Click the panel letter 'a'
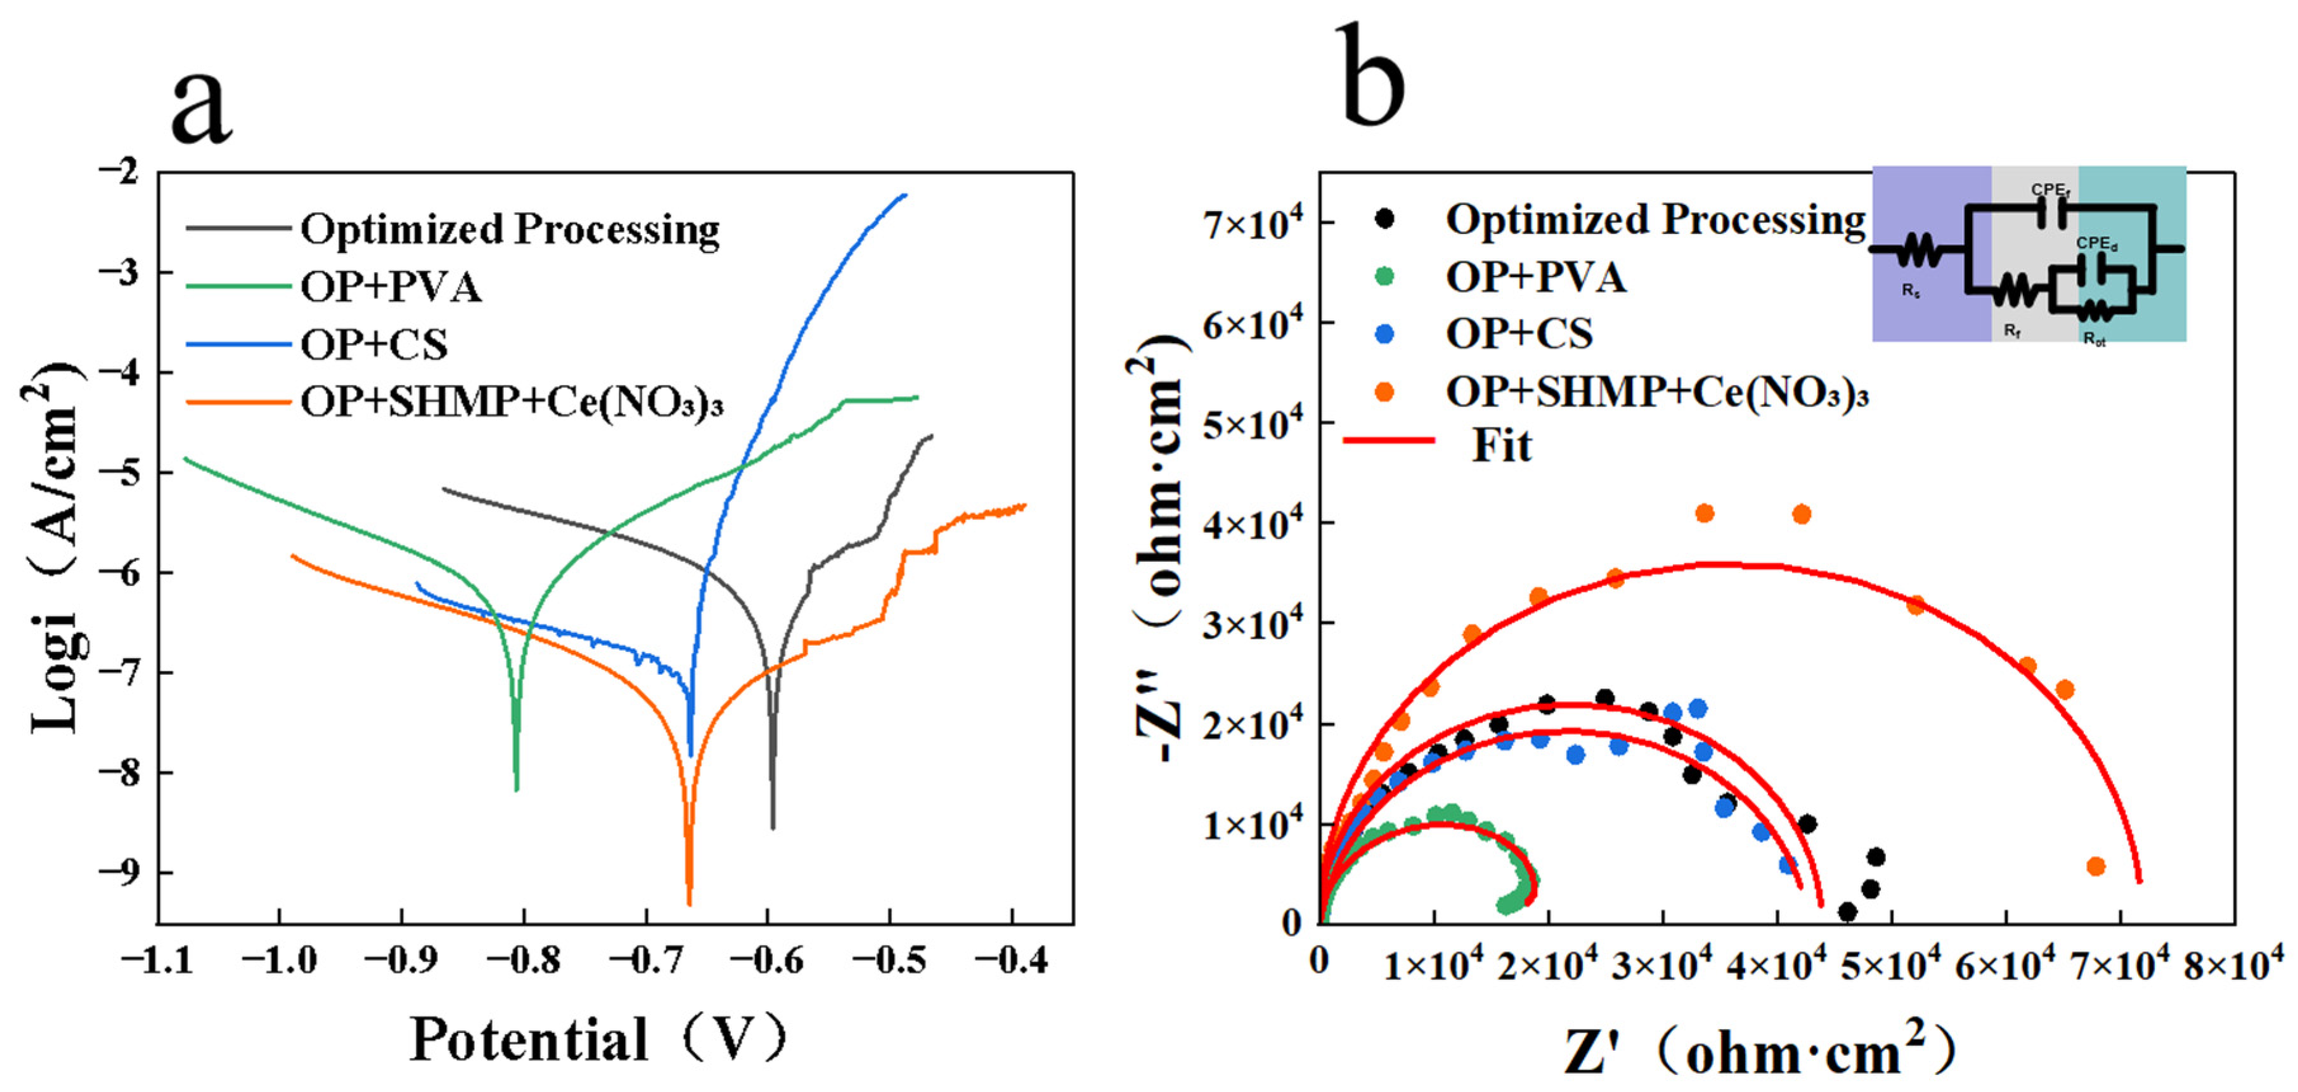click(x=202, y=107)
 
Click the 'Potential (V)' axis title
click(x=600, y=1039)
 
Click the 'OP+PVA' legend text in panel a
click(x=391, y=287)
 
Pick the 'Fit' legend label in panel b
click(x=1501, y=445)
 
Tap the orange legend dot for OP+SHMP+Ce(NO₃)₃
click(x=1385, y=392)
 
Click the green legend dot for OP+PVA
click(x=1385, y=276)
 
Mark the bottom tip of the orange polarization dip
click(x=688, y=903)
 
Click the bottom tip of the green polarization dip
click(x=517, y=789)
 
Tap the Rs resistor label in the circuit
click(x=1910, y=291)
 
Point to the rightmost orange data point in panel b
click(x=2096, y=866)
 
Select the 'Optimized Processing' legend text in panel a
click(x=510, y=230)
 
